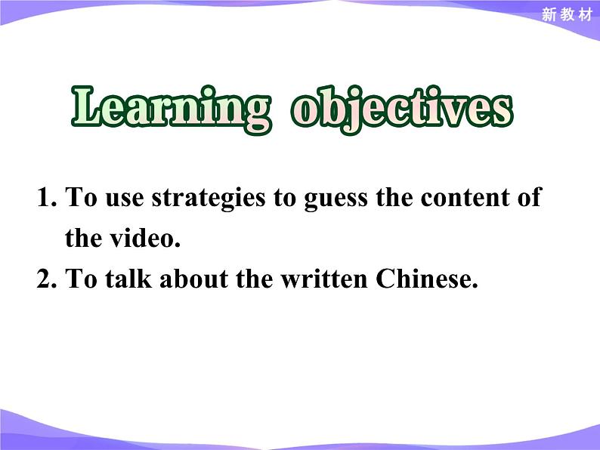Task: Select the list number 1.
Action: (47, 198)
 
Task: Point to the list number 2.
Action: (47, 279)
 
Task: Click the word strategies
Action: (209, 199)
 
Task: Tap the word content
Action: (465, 198)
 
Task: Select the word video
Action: (145, 238)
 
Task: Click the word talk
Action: (128, 278)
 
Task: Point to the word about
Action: (194, 278)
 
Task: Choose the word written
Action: (324, 278)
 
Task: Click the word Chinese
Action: (427, 278)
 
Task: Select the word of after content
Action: (530, 197)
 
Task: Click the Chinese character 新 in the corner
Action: (549, 15)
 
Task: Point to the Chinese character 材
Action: (586, 15)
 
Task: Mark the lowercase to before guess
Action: (285, 199)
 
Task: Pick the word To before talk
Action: (81, 278)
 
